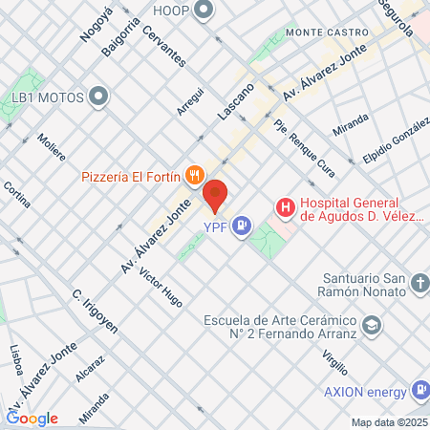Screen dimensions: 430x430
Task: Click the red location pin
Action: pos(216,195)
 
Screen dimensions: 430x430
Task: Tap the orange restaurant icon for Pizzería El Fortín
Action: pos(194,174)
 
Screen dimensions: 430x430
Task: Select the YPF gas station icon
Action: pos(243,226)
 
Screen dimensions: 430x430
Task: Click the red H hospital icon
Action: pos(284,205)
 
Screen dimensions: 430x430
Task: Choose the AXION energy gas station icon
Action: pos(419,390)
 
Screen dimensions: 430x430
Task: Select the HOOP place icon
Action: pos(203,11)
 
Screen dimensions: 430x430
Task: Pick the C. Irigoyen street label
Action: pos(95,310)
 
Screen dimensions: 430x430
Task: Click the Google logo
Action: pos(32,418)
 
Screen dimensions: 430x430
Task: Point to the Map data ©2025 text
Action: pos(387,422)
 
